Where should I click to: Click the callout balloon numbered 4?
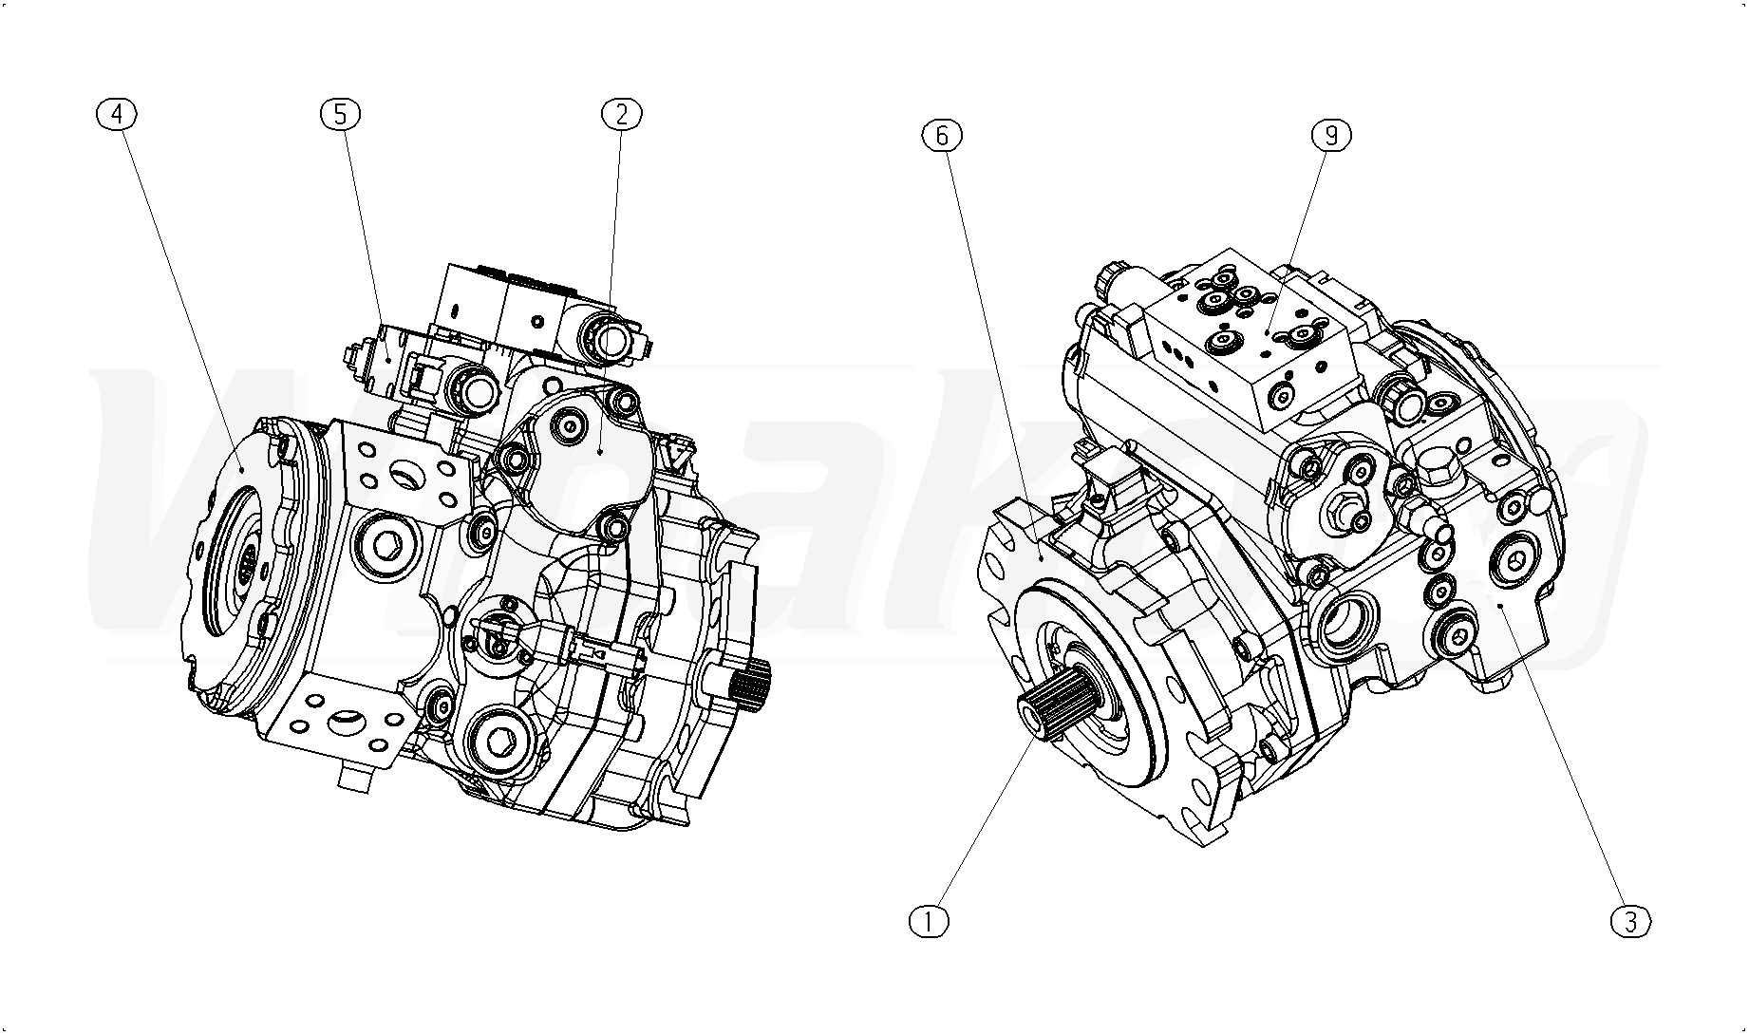[117, 114]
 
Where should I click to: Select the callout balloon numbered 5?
[340, 114]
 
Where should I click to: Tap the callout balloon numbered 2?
[622, 114]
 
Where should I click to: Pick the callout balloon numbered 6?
[941, 136]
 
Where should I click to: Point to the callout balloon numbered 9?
[1331, 136]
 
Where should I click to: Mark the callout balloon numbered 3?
[1631, 920]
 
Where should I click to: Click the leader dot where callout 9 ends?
[1269, 332]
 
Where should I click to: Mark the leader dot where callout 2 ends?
[601, 453]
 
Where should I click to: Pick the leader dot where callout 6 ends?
[1042, 559]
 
